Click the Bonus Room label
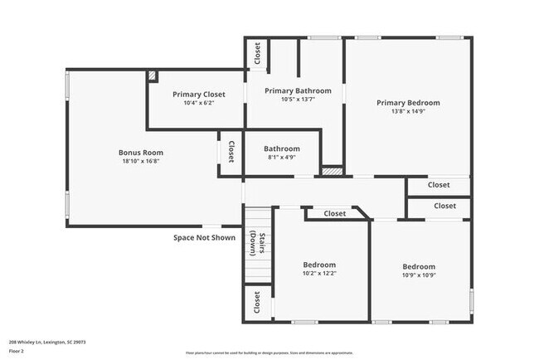(140, 153)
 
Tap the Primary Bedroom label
(408, 103)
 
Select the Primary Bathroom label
(298, 90)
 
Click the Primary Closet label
(198, 95)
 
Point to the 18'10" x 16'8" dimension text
(140, 162)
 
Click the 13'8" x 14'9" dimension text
(408, 112)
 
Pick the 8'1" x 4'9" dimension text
(283, 158)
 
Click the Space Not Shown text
(204, 237)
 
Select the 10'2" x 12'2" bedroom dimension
(319, 273)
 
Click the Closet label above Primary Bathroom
(257, 54)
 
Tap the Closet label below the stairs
(256, 302)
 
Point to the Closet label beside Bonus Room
(231, 152)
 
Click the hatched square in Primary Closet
(152, 75)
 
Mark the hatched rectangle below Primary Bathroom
(331, 171)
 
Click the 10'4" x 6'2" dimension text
(198, 104)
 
